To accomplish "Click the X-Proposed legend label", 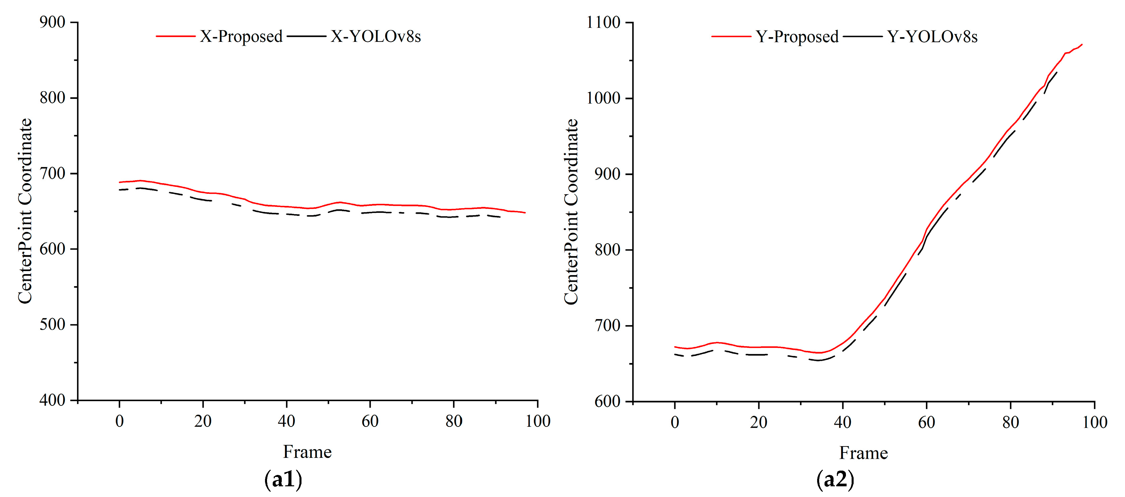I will (x=241, y=37).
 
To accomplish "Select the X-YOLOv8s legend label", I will (x=375, y=37).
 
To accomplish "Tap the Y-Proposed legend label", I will (x=797, y=37).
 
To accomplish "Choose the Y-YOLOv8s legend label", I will (x=932, y=37).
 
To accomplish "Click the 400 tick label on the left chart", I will (x=53, y=400).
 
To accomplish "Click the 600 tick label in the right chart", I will (x=607, y=401).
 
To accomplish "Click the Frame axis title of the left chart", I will (x=307, y=452).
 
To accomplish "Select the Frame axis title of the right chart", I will (x=863, y=453).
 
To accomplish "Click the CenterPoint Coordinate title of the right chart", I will (x=571, y=212).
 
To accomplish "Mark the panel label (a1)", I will (x=283, y=480).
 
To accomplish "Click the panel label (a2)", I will (x=835, y=480).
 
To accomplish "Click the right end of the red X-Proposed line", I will (x=524, y=213).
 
